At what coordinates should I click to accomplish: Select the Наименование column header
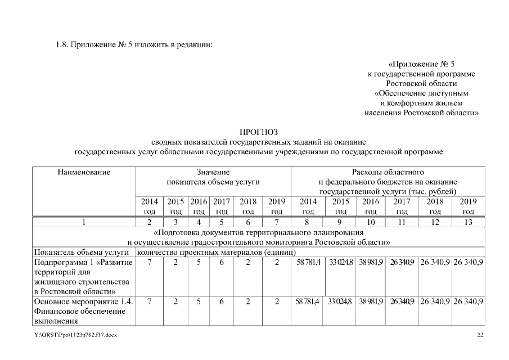[x=84, y=172]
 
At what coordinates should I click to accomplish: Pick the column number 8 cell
[x=308, y=222]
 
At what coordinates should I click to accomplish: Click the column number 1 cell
[x=84, y=222]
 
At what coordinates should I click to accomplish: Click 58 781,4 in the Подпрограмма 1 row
[x=308, y=263]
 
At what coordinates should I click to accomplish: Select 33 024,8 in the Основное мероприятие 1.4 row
[x=340, y=302]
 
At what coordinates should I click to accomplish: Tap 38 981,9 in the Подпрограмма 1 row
[x=371, y=263]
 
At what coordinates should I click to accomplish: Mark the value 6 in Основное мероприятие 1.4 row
[x=222, y=302]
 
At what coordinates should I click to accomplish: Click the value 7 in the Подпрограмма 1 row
[x=149, y=263]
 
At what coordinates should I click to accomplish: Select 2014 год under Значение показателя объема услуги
[x=149, y=206]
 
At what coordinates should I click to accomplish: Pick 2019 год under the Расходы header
[x=468, y=206]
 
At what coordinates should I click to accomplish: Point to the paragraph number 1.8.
[x=62, y=45]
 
